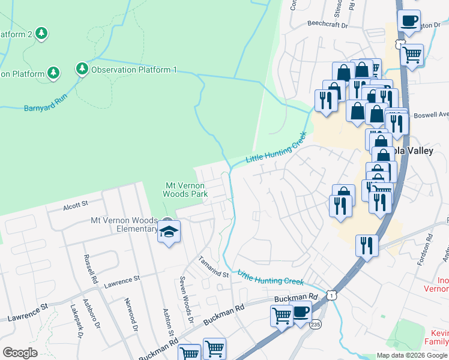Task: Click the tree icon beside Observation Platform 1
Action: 82,70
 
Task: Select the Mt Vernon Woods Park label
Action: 186,190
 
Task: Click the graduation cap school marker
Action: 169,232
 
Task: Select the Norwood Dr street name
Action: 130,315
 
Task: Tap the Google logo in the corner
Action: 20,352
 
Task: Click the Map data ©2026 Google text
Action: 411,355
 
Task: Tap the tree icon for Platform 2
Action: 41,34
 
